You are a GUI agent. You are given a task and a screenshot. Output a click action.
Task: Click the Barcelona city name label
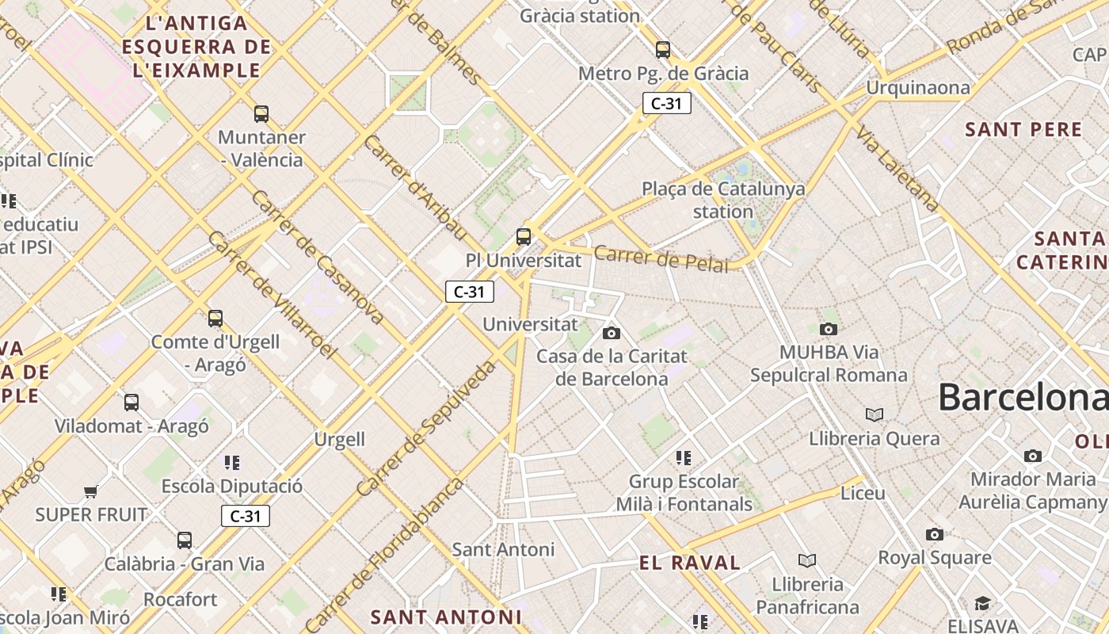1022,397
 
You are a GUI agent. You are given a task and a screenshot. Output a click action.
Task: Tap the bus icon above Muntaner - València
261,114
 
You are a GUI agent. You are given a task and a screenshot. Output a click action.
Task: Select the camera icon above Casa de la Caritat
612,333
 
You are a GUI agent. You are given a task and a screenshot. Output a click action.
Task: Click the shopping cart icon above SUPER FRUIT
91,492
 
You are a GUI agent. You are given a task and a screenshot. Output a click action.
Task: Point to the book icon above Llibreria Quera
875,414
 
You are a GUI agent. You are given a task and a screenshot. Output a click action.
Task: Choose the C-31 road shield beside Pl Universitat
470,292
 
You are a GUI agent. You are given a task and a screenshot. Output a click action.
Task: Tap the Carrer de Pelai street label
661,259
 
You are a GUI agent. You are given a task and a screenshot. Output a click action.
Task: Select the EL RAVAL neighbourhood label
690,563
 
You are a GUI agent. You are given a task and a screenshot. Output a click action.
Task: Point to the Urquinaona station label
918,87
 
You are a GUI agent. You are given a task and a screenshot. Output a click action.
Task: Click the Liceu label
863,493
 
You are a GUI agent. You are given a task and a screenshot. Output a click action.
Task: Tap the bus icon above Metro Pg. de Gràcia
663,50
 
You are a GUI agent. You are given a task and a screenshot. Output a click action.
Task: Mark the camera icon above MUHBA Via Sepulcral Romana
829,329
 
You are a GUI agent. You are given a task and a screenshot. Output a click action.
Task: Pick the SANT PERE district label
1023,130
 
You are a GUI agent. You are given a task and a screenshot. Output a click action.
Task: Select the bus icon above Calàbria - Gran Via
185,540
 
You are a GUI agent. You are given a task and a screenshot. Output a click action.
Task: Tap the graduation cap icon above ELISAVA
982,604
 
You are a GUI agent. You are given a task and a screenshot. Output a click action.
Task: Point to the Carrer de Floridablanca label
385,555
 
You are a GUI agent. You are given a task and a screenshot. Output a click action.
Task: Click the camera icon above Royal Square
935,534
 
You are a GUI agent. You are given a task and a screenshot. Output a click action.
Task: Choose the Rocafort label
181,599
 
